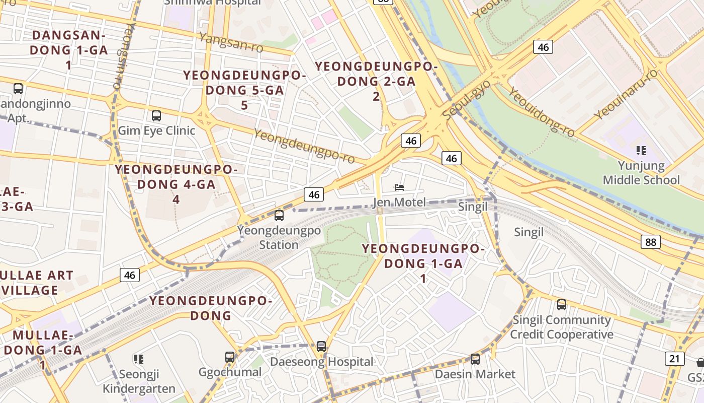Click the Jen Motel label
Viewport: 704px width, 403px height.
pyautogui.click(x=399, y=203)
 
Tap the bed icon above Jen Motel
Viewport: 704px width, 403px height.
pyautogui.click(x=399, y=187)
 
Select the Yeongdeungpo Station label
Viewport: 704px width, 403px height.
pyautogui.click(x=279, y=238)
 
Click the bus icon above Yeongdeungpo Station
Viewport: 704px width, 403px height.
pyautogui.click(x=279, y=216)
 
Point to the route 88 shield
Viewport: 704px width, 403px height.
pyautogui.click(x=651, y=242)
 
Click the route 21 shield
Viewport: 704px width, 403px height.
pyautogui.click(x=674, y=359)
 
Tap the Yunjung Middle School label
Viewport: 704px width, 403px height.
pyautogui.click(x=641, y=173)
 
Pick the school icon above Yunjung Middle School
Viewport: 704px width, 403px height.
pyautogui.click(x=641, y=150)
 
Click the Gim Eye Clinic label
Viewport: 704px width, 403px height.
pyautogui.click(x=156, y=130)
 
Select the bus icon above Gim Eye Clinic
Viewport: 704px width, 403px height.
pyautogui.click(x=156, y=116)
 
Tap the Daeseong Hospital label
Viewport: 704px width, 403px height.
pyautogui.click(x=322, y=362)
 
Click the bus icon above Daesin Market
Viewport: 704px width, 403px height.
pyautogui.click(x=475, y=359)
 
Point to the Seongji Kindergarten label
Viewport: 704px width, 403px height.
pyautogui.click(x=139, y=381)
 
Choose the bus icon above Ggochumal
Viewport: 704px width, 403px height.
pyautogui.click(x=230, y=357)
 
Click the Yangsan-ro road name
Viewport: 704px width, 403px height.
pyautogui.click(x=231, y=42)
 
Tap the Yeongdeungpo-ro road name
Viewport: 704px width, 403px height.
pyautogui.click(x=304, y=146)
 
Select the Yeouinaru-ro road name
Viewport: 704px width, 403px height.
pyautogui.click(x=626, y=94)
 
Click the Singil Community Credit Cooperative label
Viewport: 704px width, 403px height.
pyautogui.click(x=562, y=327)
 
